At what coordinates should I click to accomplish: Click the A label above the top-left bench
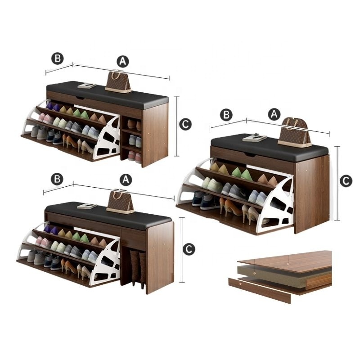[x=123, y=61]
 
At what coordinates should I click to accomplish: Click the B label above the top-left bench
[x=58, y=58]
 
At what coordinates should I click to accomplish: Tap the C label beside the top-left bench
[x=185, y=124]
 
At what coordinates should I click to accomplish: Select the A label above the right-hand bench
[x=274, y=114]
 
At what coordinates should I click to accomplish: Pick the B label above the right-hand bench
[x=226, y=115]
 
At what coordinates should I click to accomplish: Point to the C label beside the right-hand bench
[x=346, y=181]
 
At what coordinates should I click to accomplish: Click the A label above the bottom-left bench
[x=126, y=180]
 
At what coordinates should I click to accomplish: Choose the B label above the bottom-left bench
[x=57, y=179]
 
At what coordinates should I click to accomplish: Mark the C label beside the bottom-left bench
[x=189, y=249]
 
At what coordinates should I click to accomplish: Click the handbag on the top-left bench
[x=118, y=81]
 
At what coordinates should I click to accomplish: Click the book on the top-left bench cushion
[x=87, y=86]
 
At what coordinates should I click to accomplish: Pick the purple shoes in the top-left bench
[x=53, y=106]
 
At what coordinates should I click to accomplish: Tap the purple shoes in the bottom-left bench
[x=51, y=229]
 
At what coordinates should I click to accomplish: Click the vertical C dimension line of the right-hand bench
[x=337, y=183]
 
